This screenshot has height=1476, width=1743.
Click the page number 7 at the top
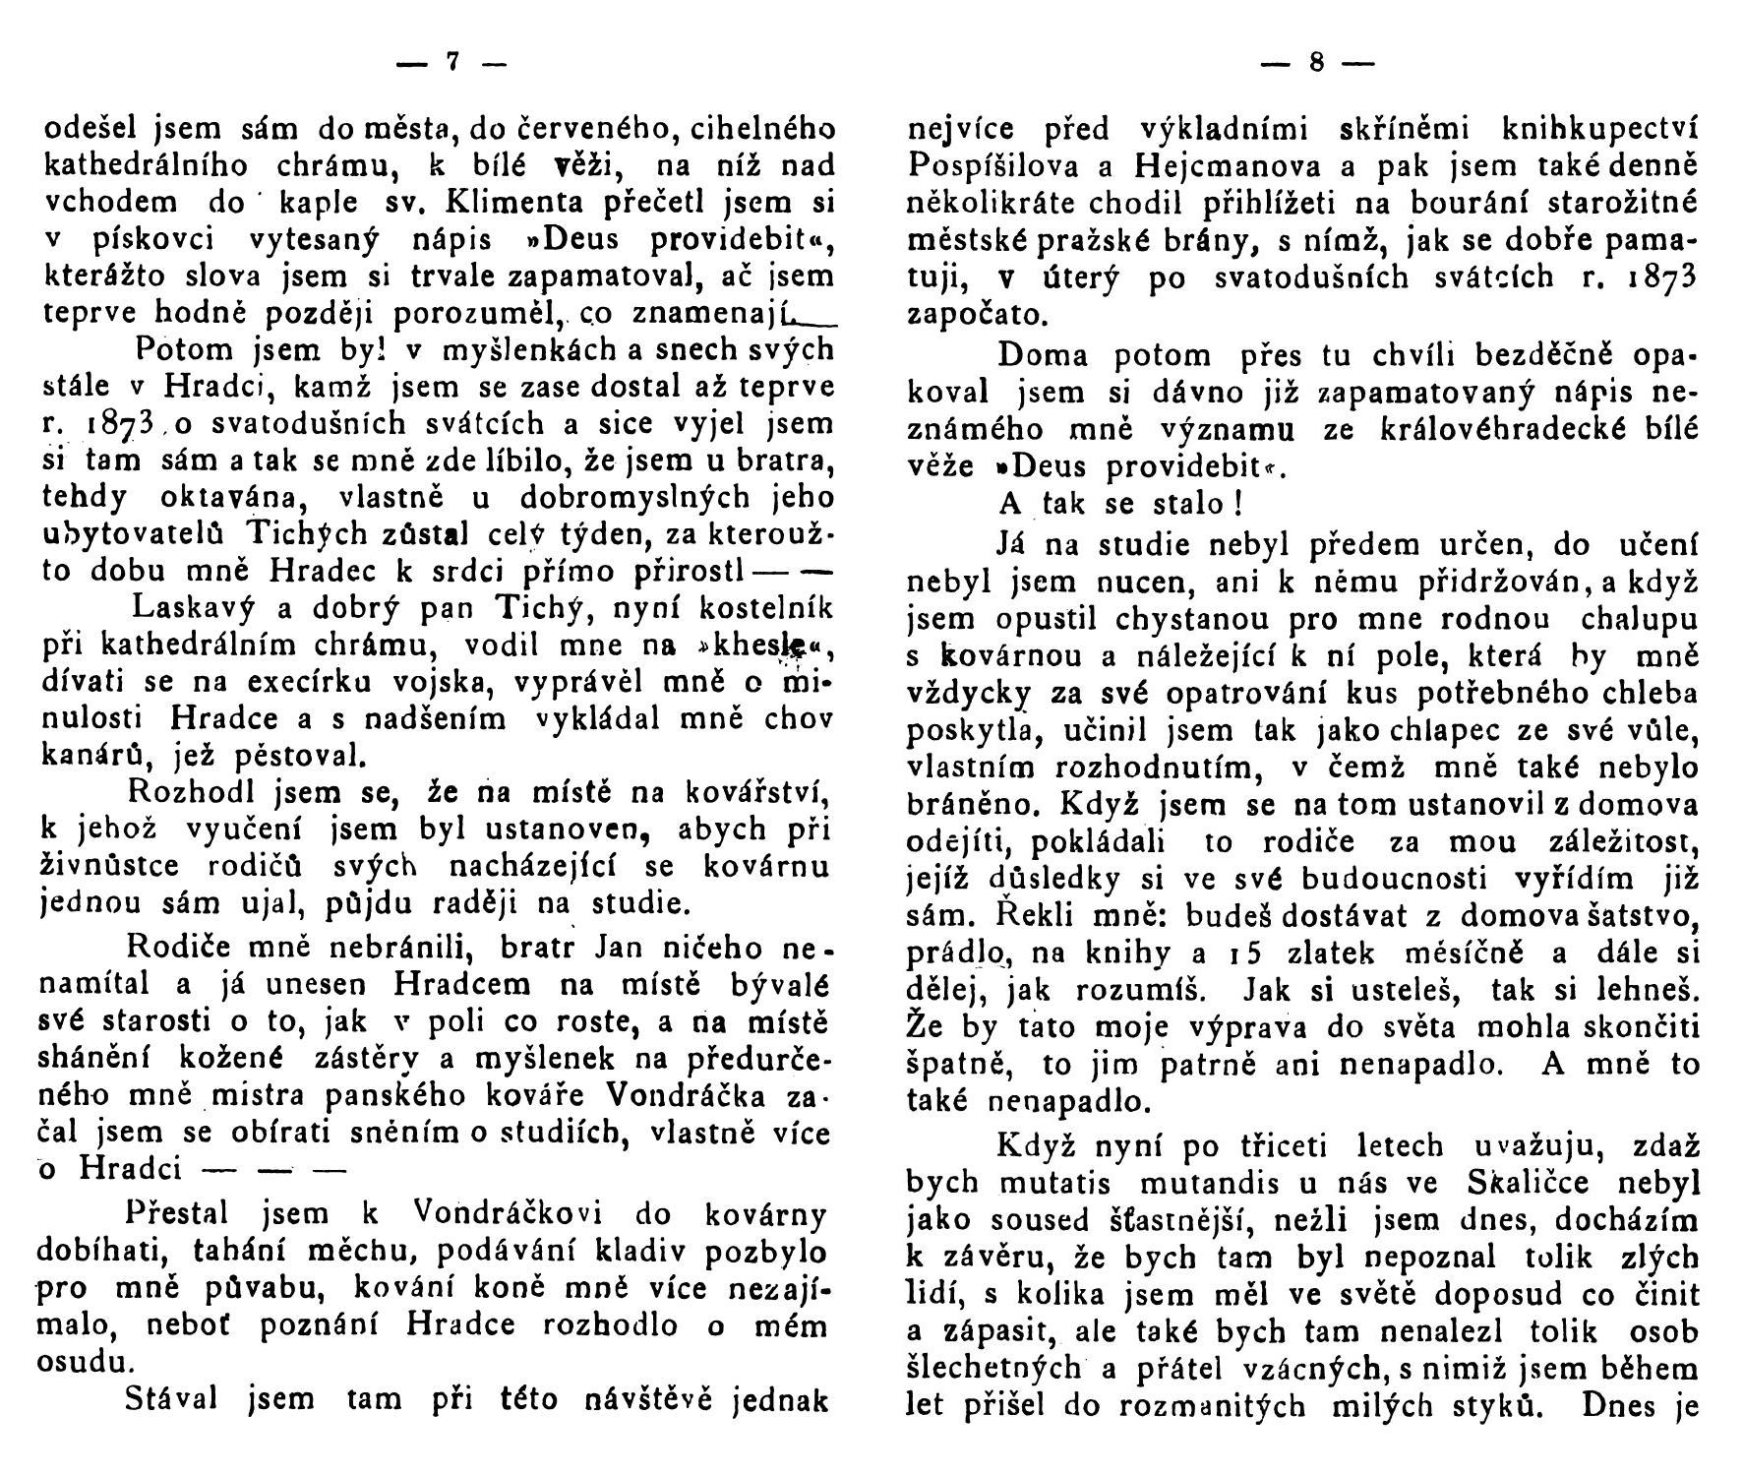coord(452,62)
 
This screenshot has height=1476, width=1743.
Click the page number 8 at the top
coord(1315,62)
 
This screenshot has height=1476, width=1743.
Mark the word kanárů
coord(88,757)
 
